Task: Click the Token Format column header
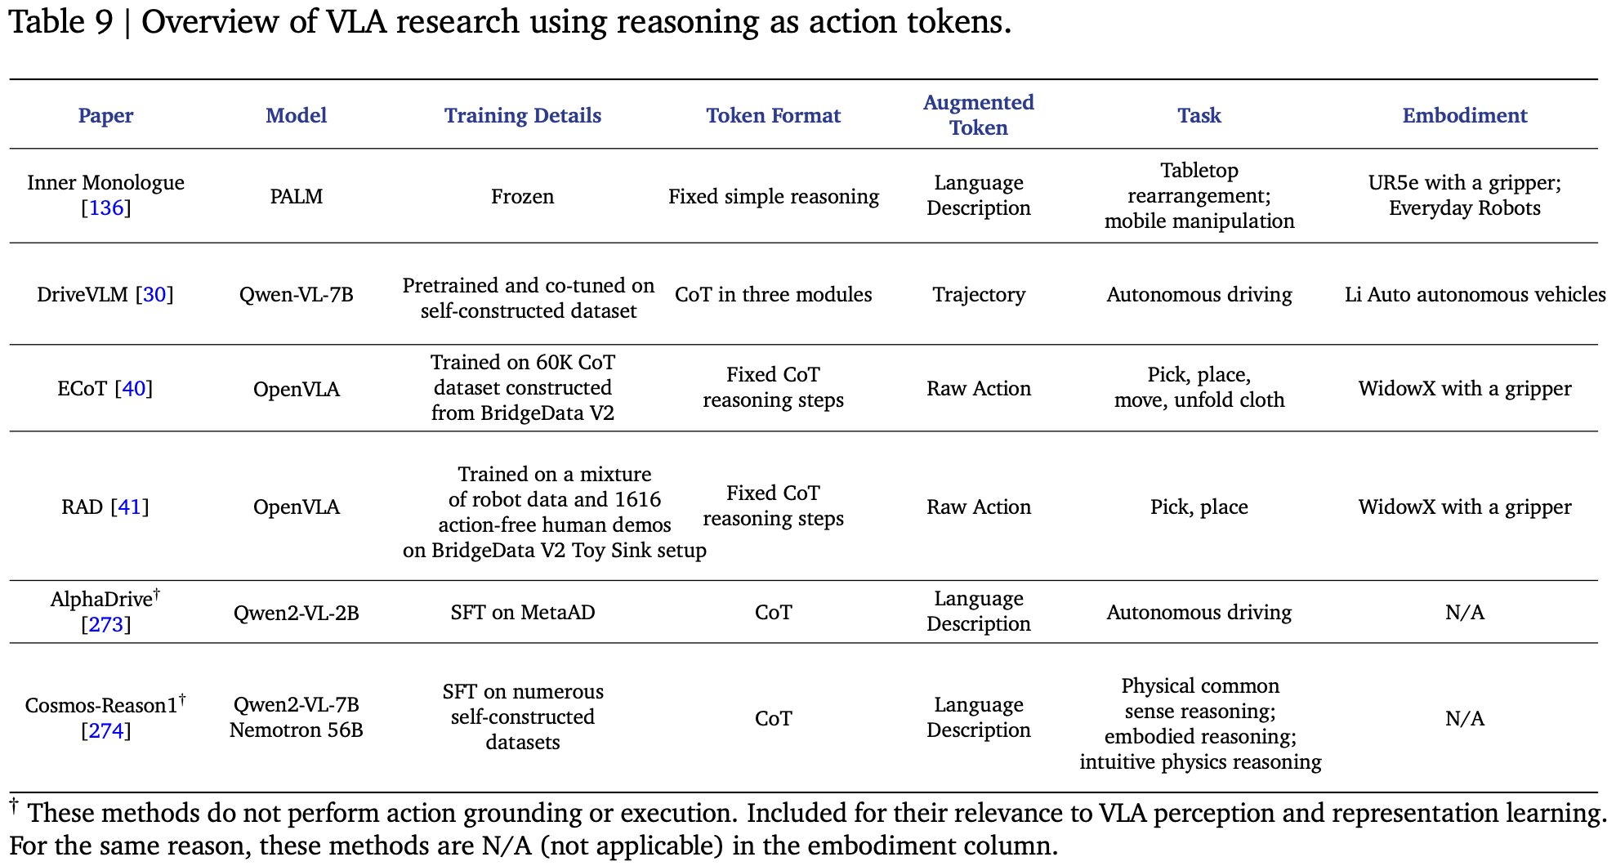point(773,115)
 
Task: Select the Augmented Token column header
point(978,115)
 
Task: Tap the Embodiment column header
point(1464,115)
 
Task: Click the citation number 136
point(106,208)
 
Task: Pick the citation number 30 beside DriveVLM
point(154,295)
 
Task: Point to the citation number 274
point(106,730)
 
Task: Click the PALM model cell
point(296,196)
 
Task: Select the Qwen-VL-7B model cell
point(296,295)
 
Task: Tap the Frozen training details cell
point(522,196)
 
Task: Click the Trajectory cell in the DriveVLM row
point(978,295)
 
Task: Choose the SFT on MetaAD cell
point(522,613)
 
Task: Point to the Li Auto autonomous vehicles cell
point(1475,295)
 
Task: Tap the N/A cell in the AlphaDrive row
point(1464,613)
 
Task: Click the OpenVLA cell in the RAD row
point(296,507)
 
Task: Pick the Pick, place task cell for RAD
point(1199,507)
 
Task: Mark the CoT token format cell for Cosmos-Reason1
point(773,718)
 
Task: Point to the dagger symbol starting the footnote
point(14,806)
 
